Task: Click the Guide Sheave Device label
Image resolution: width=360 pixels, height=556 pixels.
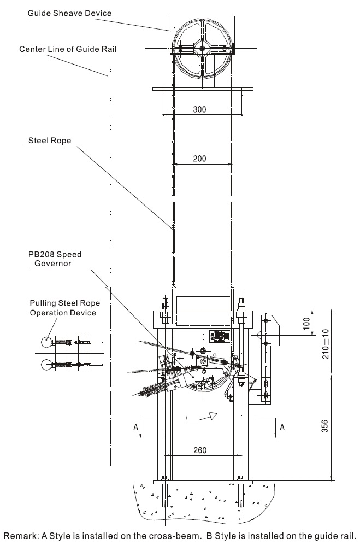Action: pyautogui.click(x=69, y=14)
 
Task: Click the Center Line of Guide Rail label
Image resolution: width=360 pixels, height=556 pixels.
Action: pyautogui.click(x=68, y=49)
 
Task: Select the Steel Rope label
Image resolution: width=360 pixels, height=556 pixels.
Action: pyautogui.click(x=50, y=141)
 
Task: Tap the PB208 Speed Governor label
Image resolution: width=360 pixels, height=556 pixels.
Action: pyautogui.click(x=55, y=259)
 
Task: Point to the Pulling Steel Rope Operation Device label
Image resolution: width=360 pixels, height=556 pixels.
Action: pyautogui.click(x=64, y=308)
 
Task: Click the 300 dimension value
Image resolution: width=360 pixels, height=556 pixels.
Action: pyautogui.click(x=199, y=109)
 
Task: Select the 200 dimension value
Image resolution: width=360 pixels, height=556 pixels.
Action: pyautogui.click(x=199, y=159)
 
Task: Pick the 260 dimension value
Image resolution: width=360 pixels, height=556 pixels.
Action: pyautogui.click(x=200, y=450)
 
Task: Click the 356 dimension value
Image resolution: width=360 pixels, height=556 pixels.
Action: pyautogui.click(x=324, y=426)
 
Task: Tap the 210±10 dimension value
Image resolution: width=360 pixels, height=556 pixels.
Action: pyautogui.click(x=325, y=344)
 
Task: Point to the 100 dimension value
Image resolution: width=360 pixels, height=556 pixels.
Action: pyautogui.click(x=306, y=323)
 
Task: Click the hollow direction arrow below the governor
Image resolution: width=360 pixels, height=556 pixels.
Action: pyautogui.click(x=201, y=415)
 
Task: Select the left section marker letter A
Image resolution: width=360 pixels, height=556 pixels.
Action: pyautogui.click(x=135, y=428)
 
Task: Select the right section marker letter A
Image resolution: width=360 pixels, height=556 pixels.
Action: pyautogui.click(x=282, y=427)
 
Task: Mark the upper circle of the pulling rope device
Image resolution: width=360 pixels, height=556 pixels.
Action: pyautogui.click(x=46, y=342)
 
